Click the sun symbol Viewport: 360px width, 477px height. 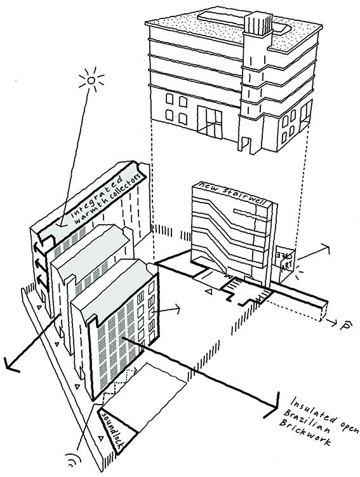(91, 80)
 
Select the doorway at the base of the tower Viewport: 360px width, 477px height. (246, 144)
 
